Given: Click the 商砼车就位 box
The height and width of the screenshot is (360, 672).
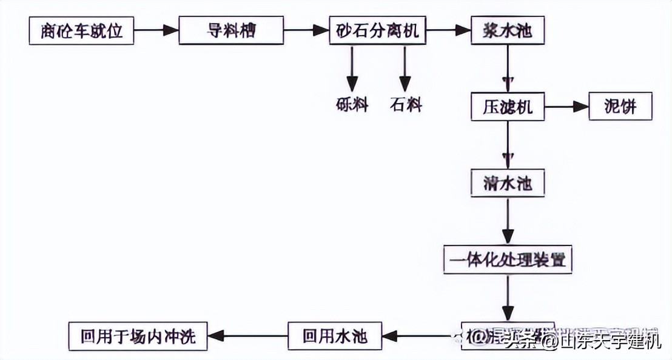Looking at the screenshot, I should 82,30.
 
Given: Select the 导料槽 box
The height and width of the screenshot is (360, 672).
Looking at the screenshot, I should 232,30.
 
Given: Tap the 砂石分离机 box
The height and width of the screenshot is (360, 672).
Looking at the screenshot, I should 377,30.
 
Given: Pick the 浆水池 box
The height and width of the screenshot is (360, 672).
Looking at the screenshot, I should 508,30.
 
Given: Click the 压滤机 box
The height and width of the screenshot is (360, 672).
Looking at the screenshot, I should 508,107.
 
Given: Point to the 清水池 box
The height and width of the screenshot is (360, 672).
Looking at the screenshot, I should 508,183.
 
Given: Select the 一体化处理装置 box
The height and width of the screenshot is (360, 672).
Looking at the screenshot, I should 508,260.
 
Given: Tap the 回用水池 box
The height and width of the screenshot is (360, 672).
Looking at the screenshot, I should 335,336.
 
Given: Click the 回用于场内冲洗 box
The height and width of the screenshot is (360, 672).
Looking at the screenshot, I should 138,336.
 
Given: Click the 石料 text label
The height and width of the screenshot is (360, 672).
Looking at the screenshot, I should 406,105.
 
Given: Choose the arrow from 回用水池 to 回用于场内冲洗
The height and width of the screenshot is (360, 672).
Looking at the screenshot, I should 247,335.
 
